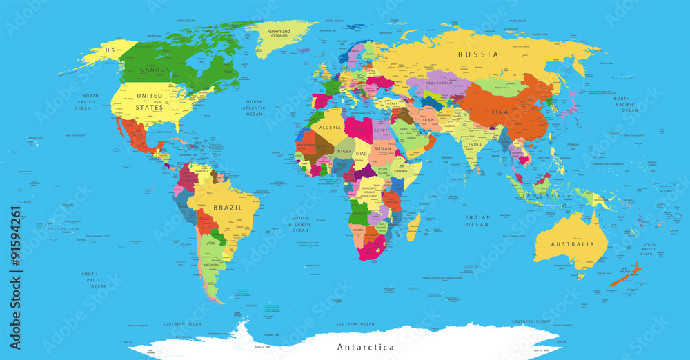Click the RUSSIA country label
tap(478, 54)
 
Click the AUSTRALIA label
tap(571, 243)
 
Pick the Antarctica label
tap(365, 346)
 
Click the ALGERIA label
tap(330, 128)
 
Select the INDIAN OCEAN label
tap(477, 221)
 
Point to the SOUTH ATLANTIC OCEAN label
tap(300, 225)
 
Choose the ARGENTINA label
tap(212, 265)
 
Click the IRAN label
tap(428, 120)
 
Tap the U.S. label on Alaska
tap(109, 51)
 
